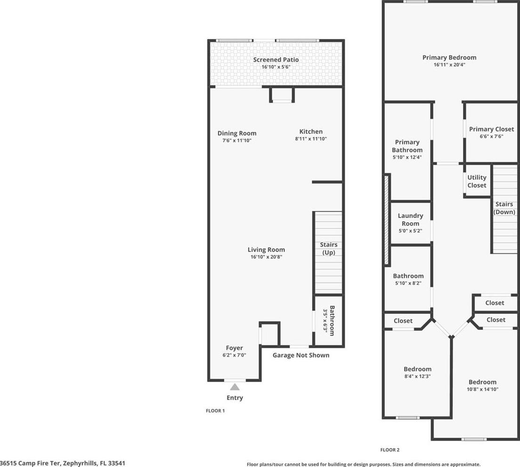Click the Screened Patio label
[x=276, y=60]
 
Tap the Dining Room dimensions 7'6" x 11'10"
[x=237, y=141]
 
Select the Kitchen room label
[x=311, y=132]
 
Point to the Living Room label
[x=266, y=250]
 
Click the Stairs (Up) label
[x=329, y=249]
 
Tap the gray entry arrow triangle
[x=235, y=387]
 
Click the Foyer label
[x=235, y=348]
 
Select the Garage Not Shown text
[x=301, y=355]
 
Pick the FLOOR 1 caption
[x=215, y=410]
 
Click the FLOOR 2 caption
[x=390, y=450]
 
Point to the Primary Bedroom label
[x=449, y=58]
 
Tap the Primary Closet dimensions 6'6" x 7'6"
[x=491, y=136]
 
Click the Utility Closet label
[x=477, y=181]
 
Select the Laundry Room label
[x=411, y=219]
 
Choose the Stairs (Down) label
[x=504, y=208]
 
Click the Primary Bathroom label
[x=407, y=146]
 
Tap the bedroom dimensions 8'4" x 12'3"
[x=417, y=376]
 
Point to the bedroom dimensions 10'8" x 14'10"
[x=482, y=389]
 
